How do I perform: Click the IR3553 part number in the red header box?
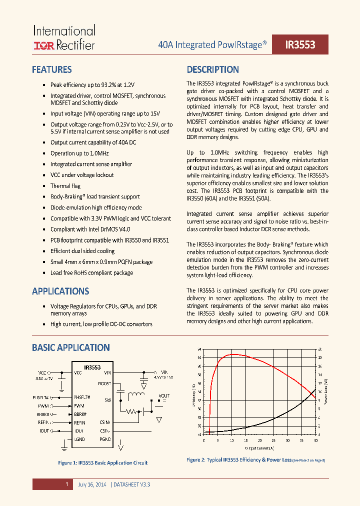coord(300,44)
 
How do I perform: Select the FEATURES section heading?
coord(51,70)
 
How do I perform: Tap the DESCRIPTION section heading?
coord(212,70)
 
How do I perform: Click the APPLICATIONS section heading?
coord(60,291)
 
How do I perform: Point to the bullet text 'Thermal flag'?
coord(65,186)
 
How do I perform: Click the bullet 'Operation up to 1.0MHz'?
coord(79,153)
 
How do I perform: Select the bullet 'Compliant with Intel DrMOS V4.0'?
coord(90,229)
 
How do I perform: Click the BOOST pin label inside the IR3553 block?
coord(104,383)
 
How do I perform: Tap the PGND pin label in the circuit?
coord(104,439)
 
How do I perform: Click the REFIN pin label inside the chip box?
coord(80,422)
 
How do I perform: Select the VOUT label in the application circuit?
coord(163,395)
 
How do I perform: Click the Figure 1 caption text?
coord(103,463)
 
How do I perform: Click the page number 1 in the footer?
coord(66,484)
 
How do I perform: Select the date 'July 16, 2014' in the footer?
coord(92,484)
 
